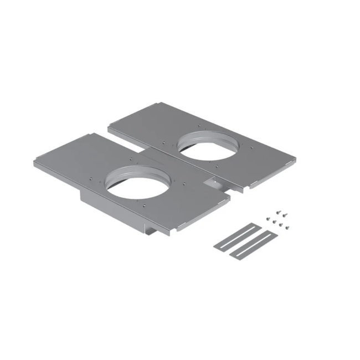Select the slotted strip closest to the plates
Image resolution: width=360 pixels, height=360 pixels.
click(x=236, y=235)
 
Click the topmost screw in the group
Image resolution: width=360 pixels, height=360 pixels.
click(x=280, y=210)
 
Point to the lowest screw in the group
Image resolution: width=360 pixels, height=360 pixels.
click(x=286, y=227)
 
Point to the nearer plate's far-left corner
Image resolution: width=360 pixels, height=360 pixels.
click(x=34, y=162)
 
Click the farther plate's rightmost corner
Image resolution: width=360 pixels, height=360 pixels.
click(x=295, y=160)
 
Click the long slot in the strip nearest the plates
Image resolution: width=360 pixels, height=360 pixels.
click(x=236, y=235)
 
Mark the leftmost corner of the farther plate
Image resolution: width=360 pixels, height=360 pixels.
click(x=109, y=129)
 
